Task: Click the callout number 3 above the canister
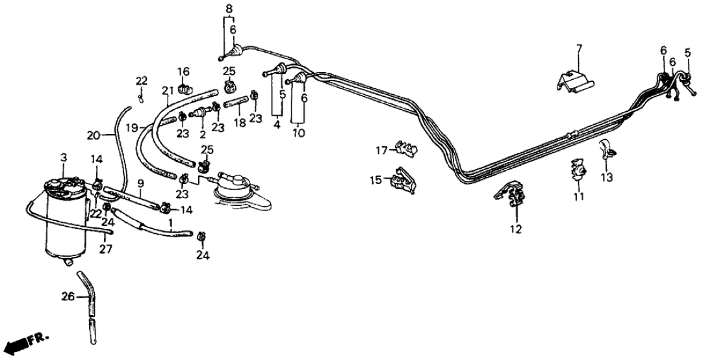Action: click(x=63, y=158)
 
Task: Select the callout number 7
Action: click(x=580, y=48)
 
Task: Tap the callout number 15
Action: click(x=375, y=179)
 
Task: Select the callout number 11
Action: click(x=578, y=196)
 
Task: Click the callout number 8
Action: click(x=228, y=8)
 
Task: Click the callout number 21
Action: click(x=166, y=90)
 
